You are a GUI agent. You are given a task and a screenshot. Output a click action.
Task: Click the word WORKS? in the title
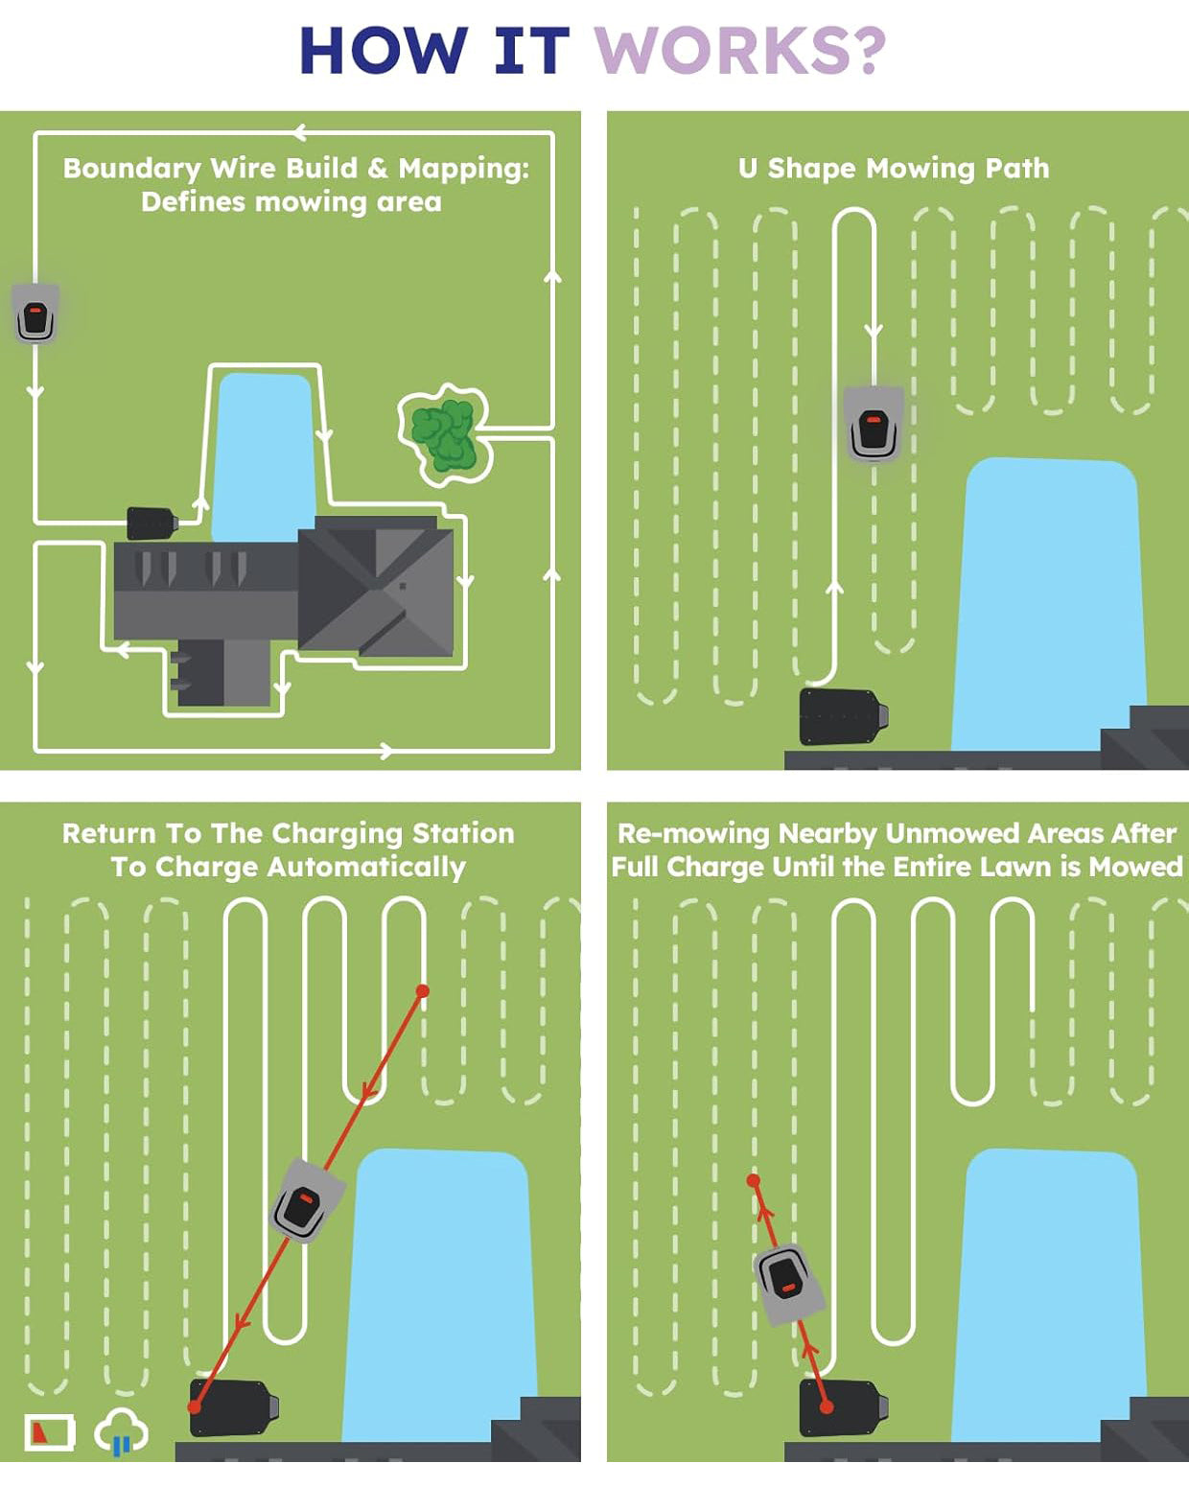click(x=739, y=51)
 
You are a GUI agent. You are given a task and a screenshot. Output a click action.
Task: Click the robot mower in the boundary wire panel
click(x=35, y=313)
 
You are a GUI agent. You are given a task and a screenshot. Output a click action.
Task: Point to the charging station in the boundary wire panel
click(x=152, y=523)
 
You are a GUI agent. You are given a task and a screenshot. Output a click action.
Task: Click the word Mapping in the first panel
click(x=463, y=169)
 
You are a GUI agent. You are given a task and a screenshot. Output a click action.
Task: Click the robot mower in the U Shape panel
click(x=874, y=424)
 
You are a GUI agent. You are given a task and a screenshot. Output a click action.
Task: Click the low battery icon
click(x=49, y=1432)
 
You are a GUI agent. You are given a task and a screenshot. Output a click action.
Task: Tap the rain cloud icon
click(x=121, y=1432)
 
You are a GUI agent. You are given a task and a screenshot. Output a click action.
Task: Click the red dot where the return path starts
click(x=422, y=990)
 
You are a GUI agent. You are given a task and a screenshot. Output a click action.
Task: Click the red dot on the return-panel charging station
click(x=195, y=1406)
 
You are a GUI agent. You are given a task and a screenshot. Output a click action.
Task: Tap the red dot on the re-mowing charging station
click(x=827, y=1407)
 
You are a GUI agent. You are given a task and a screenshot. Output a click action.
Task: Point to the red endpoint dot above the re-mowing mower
click(x=754, y=1180)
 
